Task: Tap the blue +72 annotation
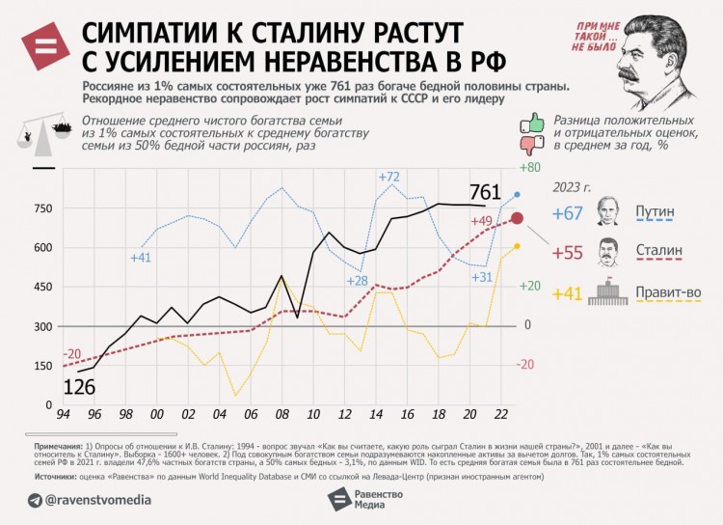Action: pos(389,177)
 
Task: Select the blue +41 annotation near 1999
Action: pos(141,258)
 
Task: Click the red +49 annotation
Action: pos(481,221)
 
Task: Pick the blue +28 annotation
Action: pos(357,281)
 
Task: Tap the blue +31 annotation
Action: pos(482,277)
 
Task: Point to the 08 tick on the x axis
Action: pos(281,414)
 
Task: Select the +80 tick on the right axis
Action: pos(529,168)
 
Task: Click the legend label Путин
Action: pos(656,212)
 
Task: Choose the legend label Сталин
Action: pos(659,252)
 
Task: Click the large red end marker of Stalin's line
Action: pos(517,218)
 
